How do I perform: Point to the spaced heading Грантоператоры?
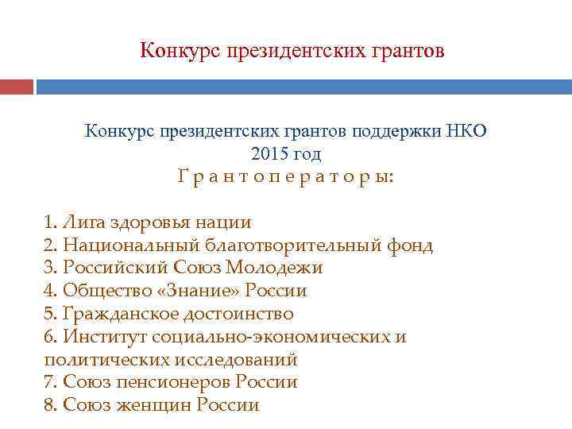coord(285,177)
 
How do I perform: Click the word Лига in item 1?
coord(82,222)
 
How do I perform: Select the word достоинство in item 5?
coord(237,314)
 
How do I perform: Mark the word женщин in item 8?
coord(153,405)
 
